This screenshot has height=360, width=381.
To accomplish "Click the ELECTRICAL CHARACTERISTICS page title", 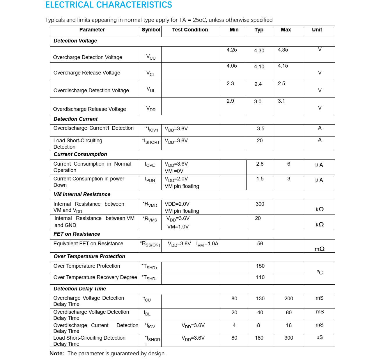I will (x=109, y=5).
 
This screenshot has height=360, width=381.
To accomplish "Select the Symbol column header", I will (x=151, y=30).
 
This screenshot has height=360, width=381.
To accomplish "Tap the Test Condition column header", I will (x=190, y=30).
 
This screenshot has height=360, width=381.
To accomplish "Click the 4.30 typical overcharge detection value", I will (x=259, y=51).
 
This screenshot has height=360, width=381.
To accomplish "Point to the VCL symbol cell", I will (x=150, y=73).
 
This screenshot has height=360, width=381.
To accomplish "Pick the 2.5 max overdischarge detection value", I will (x=281, y=84).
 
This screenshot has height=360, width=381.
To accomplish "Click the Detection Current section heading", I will (x=76, y=119).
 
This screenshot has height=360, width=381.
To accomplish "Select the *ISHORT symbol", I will (x=151, y=141).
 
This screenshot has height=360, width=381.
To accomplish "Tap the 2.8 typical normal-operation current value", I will (x=260, y=164).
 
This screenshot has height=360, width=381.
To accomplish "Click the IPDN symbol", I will (x=150, y=179).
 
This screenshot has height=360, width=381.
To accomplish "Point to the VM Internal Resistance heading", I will (x=82, y=194).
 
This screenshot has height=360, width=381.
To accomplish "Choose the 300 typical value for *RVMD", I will (x=260, y=204).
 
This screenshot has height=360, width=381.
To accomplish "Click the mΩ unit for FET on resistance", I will (x=320, y=249).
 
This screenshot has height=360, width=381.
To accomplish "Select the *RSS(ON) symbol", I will (x=150, y=244).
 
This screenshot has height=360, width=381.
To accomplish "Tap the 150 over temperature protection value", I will (x=260, y=266).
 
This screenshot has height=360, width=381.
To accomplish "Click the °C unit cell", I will (x=320, y=272).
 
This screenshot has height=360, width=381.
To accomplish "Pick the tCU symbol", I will (x=147, y=299).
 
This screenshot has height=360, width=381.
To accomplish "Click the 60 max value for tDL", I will (x=289, y=313).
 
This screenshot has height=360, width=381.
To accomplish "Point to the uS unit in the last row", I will (x=320, y=337).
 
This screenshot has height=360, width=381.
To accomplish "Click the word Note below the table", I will (x=56, y=353).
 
